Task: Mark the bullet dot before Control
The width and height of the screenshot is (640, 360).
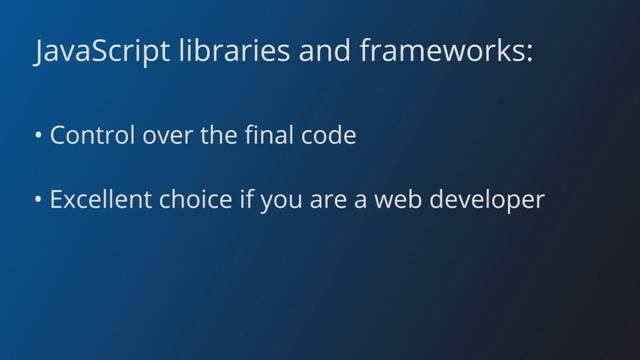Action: pyautogui.click(x=38, y=136)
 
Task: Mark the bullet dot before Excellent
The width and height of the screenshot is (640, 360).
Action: pyautogui.click(x=38, y=200)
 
